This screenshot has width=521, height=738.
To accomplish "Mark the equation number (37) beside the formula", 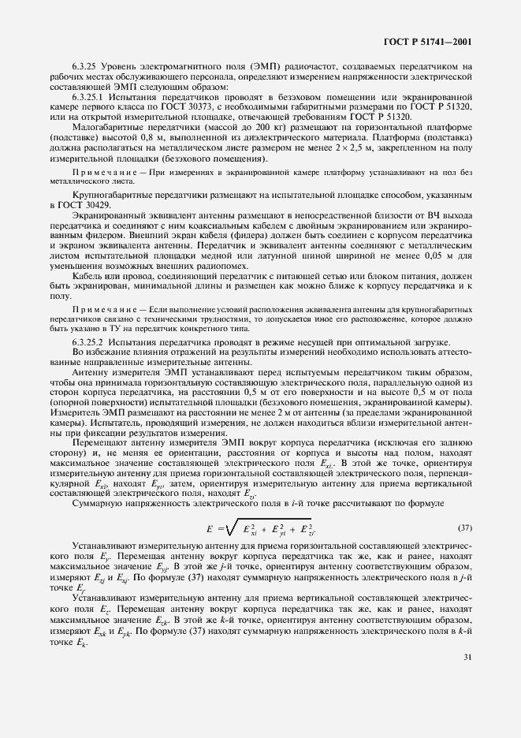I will coord(465,526).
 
